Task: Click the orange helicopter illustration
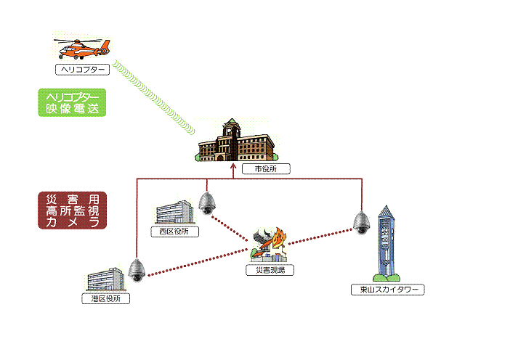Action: [81, 49]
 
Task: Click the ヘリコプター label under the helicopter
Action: [82, 70]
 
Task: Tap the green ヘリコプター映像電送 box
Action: [71, 103]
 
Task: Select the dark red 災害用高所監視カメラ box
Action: [72, 210]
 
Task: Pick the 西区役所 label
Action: [174, 232]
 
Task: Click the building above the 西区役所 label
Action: [174, 212]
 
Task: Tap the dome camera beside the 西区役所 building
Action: [207, 202]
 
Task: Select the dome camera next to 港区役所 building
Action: [137, 270]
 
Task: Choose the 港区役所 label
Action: [106, 298]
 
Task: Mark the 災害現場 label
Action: [270, 269]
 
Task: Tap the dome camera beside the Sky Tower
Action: [361, 222]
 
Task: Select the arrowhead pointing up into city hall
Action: [233, 166]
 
